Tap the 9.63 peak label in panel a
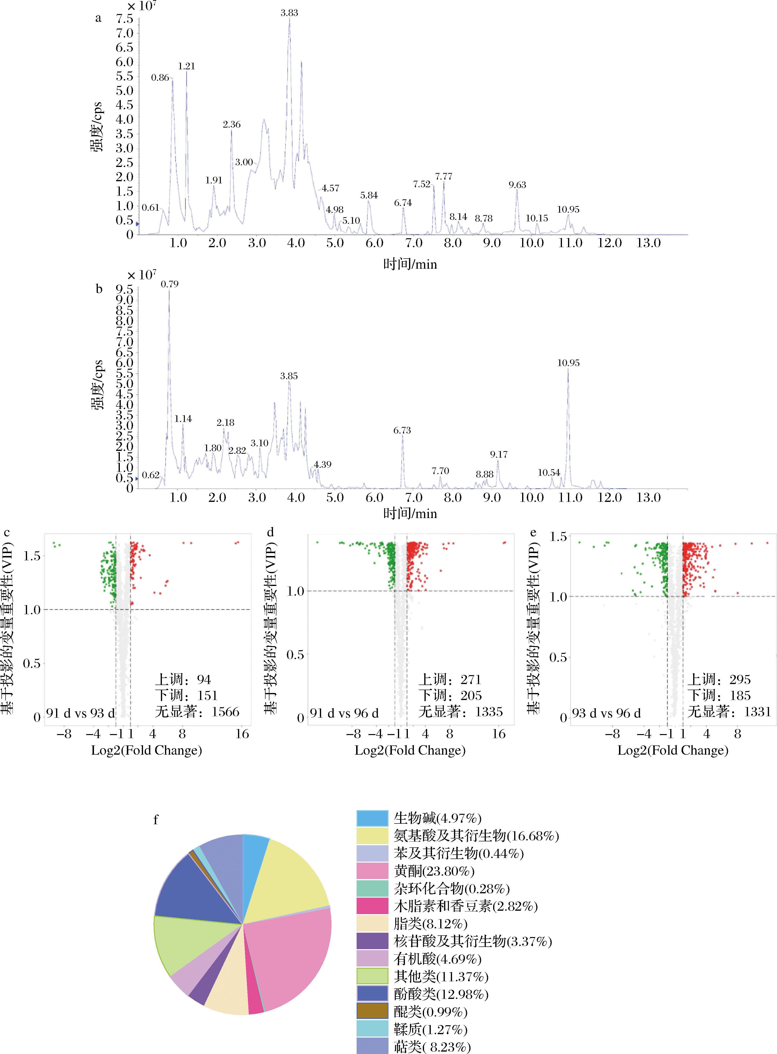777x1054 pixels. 517,185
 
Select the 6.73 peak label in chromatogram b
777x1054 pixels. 402,430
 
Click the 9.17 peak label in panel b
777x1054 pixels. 499,454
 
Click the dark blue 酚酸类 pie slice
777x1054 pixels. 198,891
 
